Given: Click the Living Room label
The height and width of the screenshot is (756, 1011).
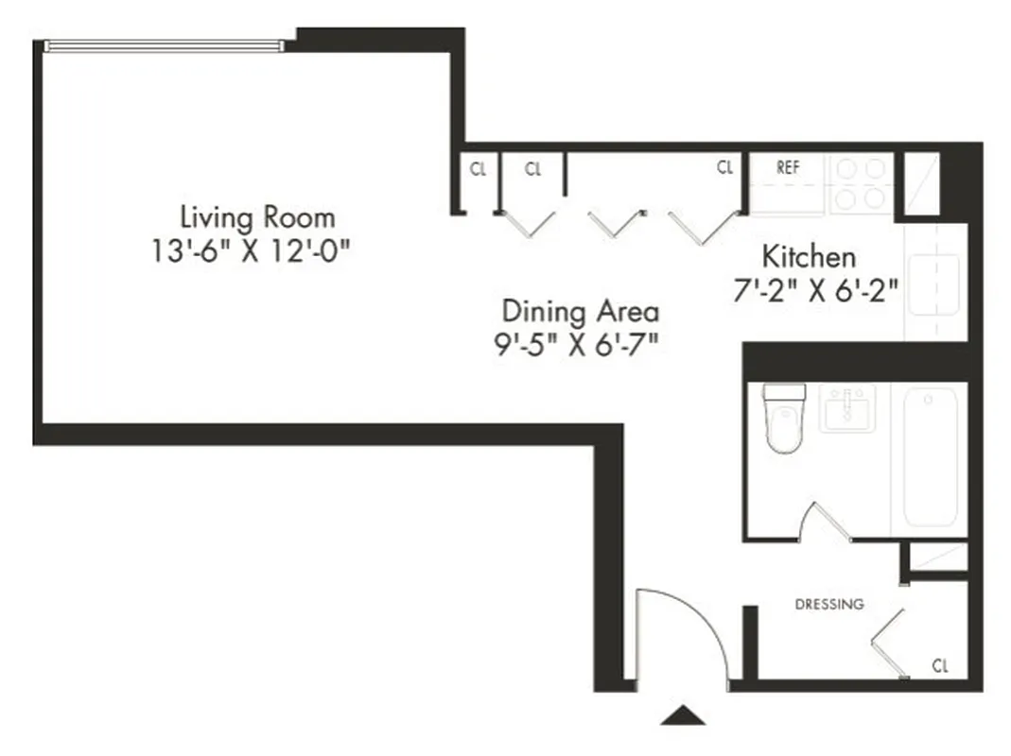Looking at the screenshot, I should click(257, 218).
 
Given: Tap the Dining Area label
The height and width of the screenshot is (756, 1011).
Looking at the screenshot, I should click(580, 311).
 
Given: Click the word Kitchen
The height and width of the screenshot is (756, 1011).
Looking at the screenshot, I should click(809, 256).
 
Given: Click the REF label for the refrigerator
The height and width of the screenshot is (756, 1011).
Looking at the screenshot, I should click(788, 167).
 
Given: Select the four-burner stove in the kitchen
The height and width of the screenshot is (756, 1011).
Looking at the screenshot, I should click(861, 183).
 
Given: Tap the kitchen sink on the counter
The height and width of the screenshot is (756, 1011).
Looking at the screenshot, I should click(933, 282).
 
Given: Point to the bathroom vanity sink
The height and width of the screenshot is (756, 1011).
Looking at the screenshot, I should click(846, 408).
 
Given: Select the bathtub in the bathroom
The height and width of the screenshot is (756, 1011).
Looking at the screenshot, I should click(929, 458).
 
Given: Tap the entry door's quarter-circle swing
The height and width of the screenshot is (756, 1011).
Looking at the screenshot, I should click(676, 638).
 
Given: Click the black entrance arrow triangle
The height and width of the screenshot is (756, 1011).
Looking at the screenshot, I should click(683, 715).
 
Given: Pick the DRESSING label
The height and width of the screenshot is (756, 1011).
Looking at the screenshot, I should click(828, 604).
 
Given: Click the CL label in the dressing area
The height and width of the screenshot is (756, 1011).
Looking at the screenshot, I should click(939, 665).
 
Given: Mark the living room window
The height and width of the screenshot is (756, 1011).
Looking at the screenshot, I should click(164, 44).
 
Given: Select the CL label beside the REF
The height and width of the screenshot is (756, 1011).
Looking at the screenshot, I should click(724, 168).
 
